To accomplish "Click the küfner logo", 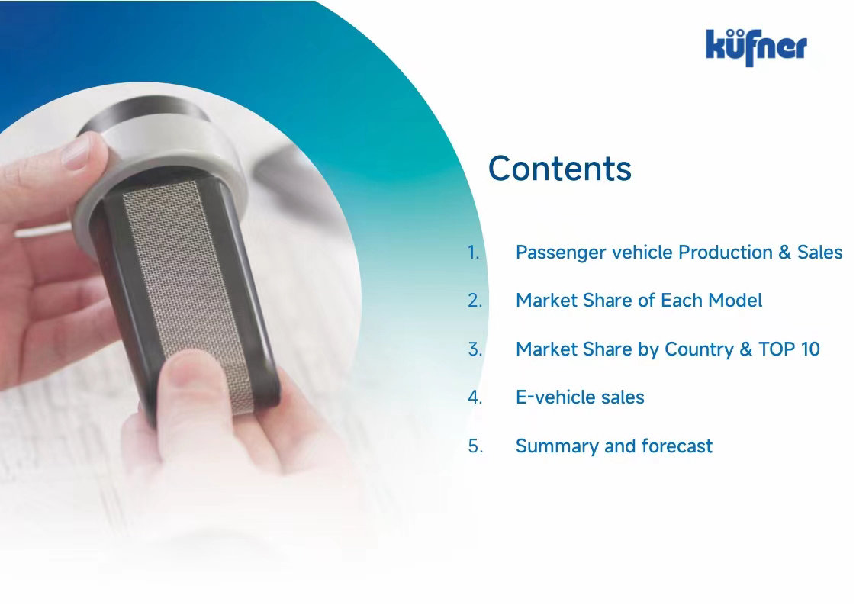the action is tap(756, 47).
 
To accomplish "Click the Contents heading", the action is tap(559, 168).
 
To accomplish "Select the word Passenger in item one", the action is tap(561, 253).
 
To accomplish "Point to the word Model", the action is tap(735, 301).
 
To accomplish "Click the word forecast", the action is tap(677, 446).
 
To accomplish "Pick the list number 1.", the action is tap(473, 253).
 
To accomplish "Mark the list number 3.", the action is tap(475, 349).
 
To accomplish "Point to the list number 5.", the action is tap(475, 446).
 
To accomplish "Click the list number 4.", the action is tap(475, 397).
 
